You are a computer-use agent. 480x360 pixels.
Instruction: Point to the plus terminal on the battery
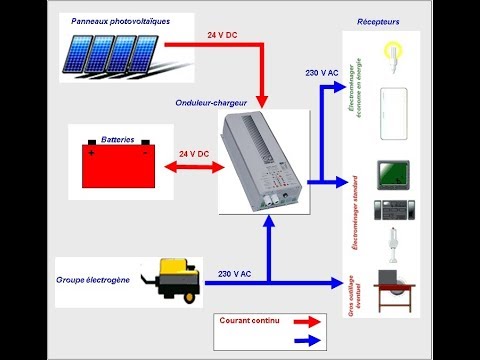[92, 153]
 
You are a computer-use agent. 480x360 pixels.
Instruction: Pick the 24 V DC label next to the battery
[194, 154]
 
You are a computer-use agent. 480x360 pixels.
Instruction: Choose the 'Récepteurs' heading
[378, 21]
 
